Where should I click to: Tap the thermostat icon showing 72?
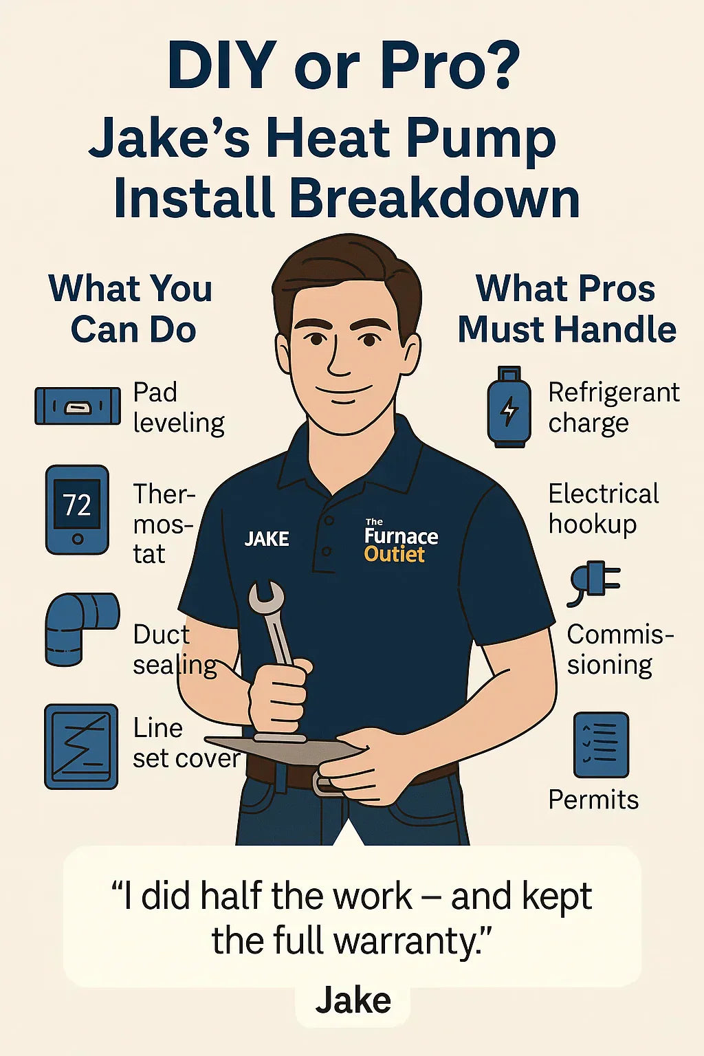pos(77,509)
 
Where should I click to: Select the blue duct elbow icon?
pos(81,627)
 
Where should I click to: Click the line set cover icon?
pos(81,746)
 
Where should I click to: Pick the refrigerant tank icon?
pos(509,408)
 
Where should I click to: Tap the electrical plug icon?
pos(594,582)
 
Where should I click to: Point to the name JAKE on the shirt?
pos(267,539)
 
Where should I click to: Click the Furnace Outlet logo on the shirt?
pos(400,542)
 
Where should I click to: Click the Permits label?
pos(593,800)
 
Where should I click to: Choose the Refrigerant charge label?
pos(613,407)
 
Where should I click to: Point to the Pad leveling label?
pos(178,407)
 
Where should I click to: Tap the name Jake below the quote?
pos(353,1000)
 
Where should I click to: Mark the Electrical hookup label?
pos(603,509)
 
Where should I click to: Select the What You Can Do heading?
pos(131,309)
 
